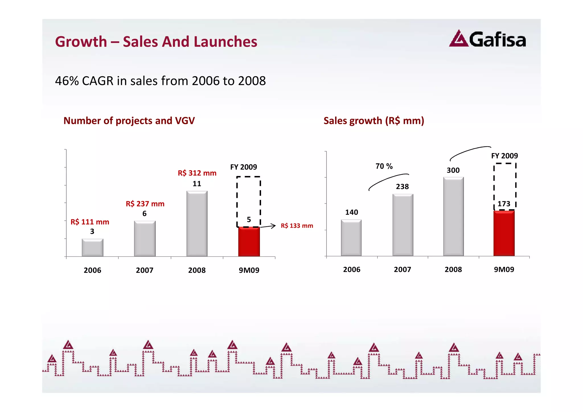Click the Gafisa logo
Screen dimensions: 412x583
pyautogui.click(x=487, y=39)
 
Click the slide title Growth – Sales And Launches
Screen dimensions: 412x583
pyautogui.click(x=156, y=42)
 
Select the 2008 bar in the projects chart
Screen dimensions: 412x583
pyautogui.click(x=197, y=224)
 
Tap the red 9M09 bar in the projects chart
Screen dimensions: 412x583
pyautogui.click(x=249, y=242)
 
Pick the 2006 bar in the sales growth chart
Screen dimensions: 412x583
pyautogui.click(x=351, y=238)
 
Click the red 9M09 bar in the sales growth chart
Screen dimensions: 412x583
pyautogui.click(x=504, y=233)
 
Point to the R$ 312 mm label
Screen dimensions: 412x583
pyautogui.click(x=197, y=173)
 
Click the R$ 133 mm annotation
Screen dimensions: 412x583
pyautogui.click(x=297, y=226)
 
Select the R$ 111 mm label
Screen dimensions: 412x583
pyautogui.click(x=90, y=222)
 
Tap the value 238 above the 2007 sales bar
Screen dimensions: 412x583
pyautogui.click(x=402, y=187)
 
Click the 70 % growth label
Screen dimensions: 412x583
pyautogui.click(x=384, y=166)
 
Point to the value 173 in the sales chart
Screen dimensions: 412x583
pyautogui.click(x=504, y=204)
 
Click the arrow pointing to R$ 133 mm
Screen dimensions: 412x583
pyautogui.click(x=268, y=226)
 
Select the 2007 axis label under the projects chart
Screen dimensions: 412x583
pyautogui.click(x=145, y=270)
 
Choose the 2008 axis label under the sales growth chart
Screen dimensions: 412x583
pyautogui.click(x=453, y=270)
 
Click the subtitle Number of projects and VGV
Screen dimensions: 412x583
pyautogui.click(x=129, y=121)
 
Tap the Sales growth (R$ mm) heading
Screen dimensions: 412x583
pyautogui.click(x=374, y=121)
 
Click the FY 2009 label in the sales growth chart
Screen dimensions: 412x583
pyautogui.click(x=504, y=156)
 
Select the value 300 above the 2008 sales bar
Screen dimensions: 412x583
pyautogui.click(x=453, y=171)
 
